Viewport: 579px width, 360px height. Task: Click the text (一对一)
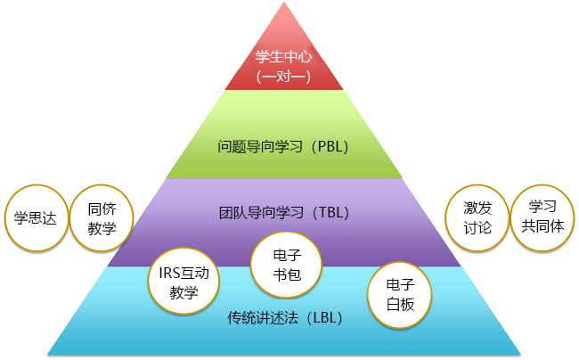[283, 77]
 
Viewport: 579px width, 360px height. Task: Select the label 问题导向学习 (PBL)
[283, 145]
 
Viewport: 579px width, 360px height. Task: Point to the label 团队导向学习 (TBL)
[283, 213]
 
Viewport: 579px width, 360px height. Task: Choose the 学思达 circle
[37, 217]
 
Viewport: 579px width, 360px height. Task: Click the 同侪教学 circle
[101, 217]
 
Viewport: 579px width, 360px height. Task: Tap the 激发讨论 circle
[477, 217]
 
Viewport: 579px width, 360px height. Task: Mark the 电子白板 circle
[399, 294]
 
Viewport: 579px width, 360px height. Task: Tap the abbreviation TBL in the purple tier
[330, 213]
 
